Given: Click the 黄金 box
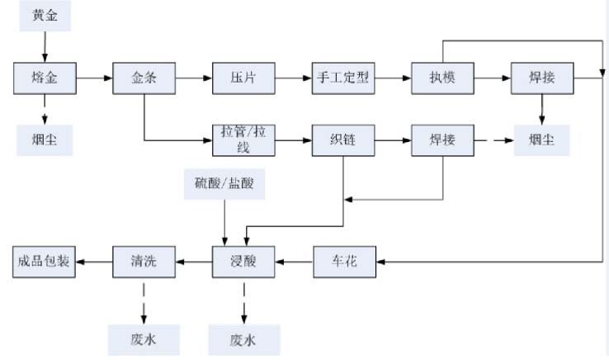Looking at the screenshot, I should pyautogui.click(x=45, y=16).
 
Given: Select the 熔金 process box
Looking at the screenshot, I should pyautogui.click(x=45, y=78).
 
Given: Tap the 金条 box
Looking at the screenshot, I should pyautogui.click(x=144, y=78).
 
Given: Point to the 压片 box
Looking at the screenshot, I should pyautogui.click(x=243, y=78).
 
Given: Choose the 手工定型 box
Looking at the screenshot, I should pyautogui.click(x=343, y=78).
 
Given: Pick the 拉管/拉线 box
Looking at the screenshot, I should pyautogui.click(x=243, y=140).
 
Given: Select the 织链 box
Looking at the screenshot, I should pyautogui.click(x=343, y=140).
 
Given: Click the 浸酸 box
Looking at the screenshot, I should pyautogui.click(x=243, y=262).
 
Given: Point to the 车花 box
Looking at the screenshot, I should pyautogui.click(x=343, y=262).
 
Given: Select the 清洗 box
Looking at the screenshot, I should pyautogui.click(x=144, y=262).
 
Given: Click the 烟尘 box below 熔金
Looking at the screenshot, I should pyautogui.click(x=45, y=140).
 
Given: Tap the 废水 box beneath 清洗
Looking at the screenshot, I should pyautogui.click(x=144, y=338).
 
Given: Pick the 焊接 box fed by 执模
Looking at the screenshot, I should pyautogui.click(x=542, y=78).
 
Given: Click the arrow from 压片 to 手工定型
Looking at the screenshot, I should pyautogui.click(x=292, y=78).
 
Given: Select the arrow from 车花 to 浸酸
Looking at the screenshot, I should pyautogui.click(x=293, y=262).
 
